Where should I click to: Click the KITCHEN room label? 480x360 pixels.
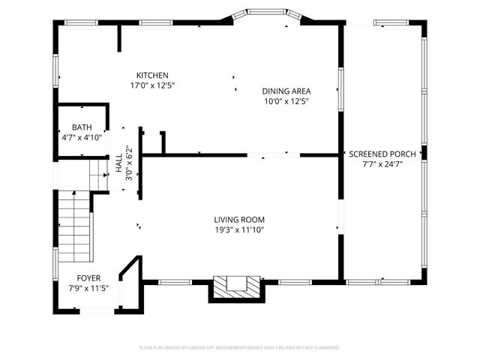click(152, 75)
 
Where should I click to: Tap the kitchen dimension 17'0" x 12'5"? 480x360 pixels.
click(152, 85)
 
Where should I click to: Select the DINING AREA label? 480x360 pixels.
click(286, 91)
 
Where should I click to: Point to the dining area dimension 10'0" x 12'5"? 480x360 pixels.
click(286, 101)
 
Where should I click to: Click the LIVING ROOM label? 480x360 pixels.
click(240, 220)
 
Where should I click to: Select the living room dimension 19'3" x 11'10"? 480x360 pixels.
click(240, 230)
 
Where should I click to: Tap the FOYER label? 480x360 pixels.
click(88, 277)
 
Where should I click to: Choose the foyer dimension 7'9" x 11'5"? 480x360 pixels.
click(89, 288)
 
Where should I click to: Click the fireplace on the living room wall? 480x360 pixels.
click(236, 286)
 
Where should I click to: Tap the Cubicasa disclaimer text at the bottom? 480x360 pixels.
click(240, 348)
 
